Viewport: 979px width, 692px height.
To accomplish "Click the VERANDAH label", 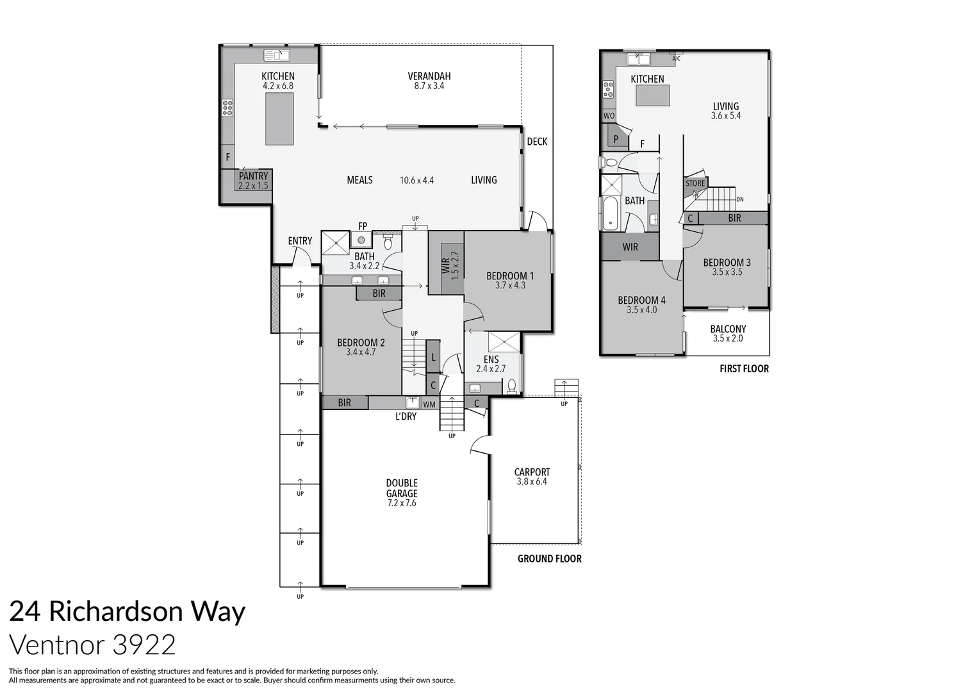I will tap(429, 76).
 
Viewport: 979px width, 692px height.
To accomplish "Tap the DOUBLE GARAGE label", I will tap(402, 488).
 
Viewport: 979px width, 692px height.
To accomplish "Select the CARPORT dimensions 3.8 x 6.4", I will tap(532, 482).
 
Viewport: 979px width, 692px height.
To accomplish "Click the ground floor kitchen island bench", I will tap(279, 119).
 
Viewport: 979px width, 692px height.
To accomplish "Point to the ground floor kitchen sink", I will tap(277, 55).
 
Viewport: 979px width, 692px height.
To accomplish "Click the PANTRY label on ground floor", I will tap(253, 176).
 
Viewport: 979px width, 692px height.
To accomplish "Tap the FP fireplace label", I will tap(363, 226).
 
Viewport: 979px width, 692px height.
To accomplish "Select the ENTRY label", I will tap(300, 241).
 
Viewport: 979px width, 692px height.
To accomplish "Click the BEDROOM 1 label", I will tap(509, 276).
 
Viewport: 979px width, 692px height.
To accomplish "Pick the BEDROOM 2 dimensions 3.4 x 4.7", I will tap(361, 352).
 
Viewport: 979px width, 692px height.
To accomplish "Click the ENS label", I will tap(491, 359).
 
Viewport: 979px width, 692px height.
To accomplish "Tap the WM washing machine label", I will tap(429, 404).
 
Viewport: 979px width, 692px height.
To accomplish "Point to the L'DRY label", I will tap(406, 416).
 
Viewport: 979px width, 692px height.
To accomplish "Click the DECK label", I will tap(537, 142).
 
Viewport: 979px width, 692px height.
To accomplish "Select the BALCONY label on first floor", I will tap(728, 329).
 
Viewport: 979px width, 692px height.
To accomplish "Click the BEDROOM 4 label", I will tap(641, 300).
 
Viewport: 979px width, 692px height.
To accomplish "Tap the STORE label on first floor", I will tap(695, 183).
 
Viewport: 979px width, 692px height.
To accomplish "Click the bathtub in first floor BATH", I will tap(609, 213).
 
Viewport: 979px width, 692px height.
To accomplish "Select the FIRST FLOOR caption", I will tap(744, 368).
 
